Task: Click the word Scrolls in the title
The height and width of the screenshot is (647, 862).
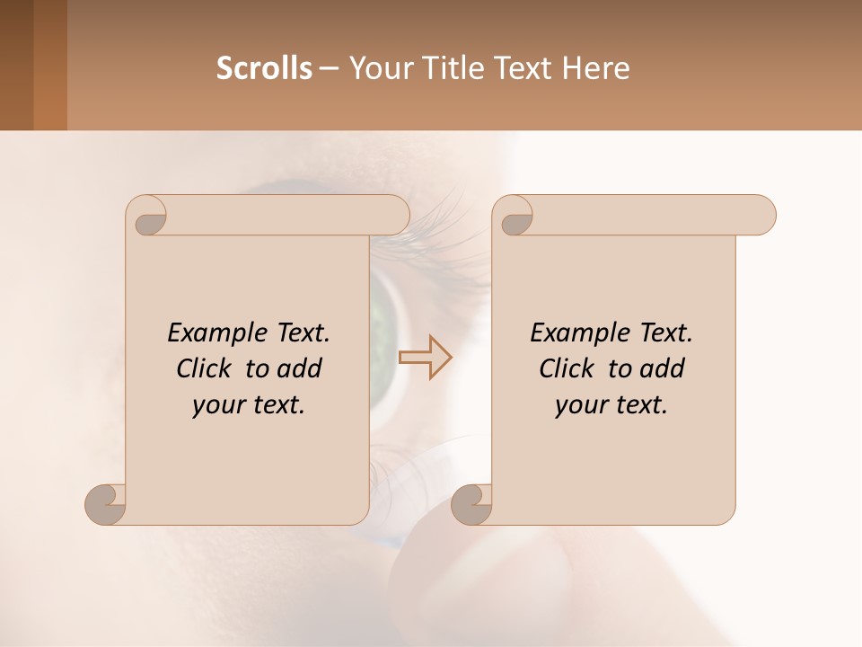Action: [x=264, y=68]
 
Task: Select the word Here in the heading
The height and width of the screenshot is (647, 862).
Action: [x=596, y=68]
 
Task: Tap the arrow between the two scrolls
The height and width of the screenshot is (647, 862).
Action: [x=425, y=357]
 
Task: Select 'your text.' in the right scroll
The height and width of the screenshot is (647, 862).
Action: [x=611, y=405]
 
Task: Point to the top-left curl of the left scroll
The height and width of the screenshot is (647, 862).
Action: [x=149, y=217]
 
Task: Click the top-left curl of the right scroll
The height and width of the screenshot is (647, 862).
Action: [x=515, y=217]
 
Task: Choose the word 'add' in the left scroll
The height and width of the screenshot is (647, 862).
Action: [x=300, y=368]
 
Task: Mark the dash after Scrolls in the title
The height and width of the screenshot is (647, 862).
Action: [x=329, y=68]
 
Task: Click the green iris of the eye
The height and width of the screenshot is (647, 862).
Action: [x=383, y=310]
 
